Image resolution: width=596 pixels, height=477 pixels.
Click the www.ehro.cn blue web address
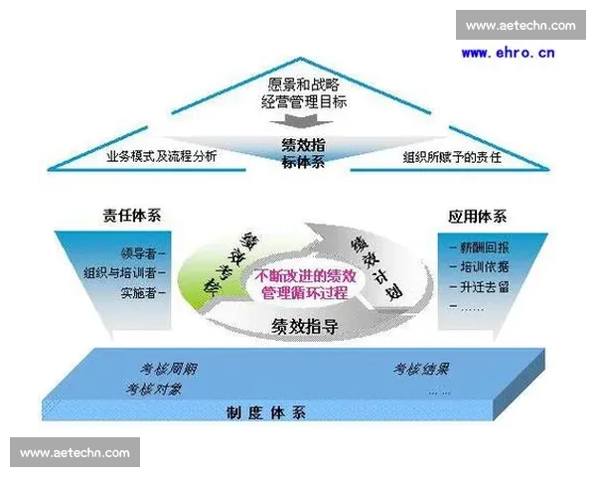pyautogui.click(x=509, y=52)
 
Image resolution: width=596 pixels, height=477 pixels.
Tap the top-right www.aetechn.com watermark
pyautogui.click(x=520, y=25)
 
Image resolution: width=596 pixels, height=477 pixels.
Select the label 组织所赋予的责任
pyautogui.click(x=452, y=157)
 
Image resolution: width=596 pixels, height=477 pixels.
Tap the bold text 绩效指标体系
pyautogui.click(x=302, y=153)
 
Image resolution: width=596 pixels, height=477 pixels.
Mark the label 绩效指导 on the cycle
pyautogui.click(x=302, y=325)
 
